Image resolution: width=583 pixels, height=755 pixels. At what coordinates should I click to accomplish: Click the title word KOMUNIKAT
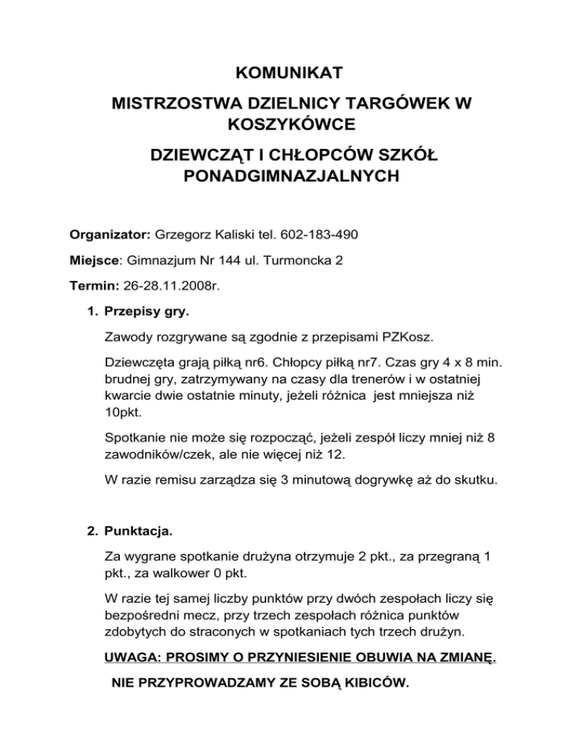click(291, 74)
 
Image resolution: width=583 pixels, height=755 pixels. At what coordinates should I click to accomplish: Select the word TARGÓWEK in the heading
click(390, 102)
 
